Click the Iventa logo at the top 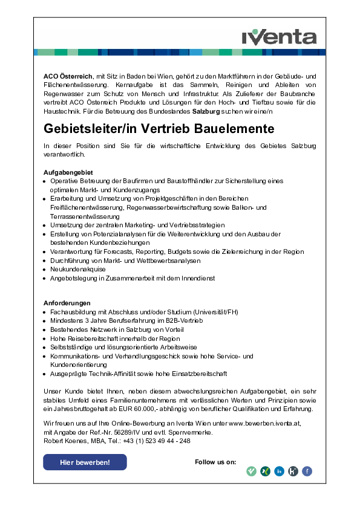coord(279,36)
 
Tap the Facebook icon coord(307,472)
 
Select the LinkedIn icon coord(279,472)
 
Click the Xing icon coord(265,472)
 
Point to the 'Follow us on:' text coord(215,462)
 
